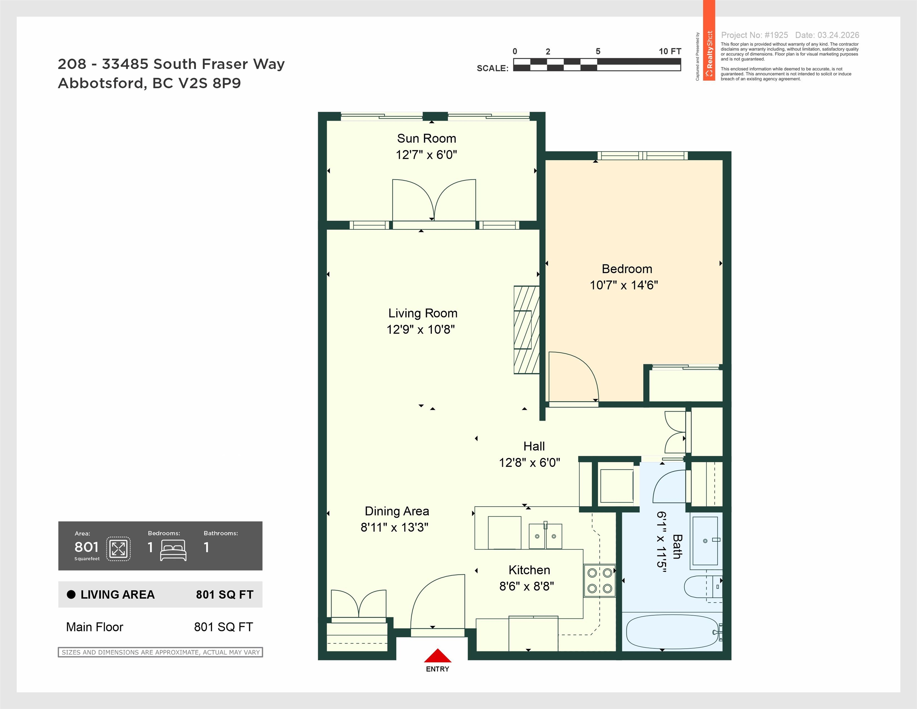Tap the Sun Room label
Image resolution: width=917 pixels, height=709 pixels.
[x=427, y=138]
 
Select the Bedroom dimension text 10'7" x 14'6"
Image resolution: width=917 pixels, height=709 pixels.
[x=624, y=285]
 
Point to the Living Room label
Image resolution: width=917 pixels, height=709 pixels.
[x=423, y=313]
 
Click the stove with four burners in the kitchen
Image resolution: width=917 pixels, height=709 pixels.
[x=600, y=580]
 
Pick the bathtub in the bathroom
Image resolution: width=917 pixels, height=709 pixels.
[x=672, y=632]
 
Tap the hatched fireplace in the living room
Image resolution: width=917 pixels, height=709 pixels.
[x=527, y=330]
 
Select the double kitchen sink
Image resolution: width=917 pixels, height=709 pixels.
[x=545, y=536]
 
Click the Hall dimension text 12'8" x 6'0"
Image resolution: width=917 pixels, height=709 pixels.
[x=529, y=463]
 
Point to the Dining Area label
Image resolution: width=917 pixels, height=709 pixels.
[x=397, y=511]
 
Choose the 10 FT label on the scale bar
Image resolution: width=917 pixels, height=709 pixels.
[x=670, y=51]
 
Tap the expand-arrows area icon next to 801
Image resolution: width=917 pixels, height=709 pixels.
[x=118, y=549]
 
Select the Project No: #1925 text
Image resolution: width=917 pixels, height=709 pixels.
[x=755, y=35]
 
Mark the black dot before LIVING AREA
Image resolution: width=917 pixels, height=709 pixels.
[x=71, y=594]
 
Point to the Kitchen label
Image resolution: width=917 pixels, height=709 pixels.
[x=529, y=570]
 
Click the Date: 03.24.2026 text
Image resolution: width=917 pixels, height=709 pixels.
[x=827, y=35]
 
